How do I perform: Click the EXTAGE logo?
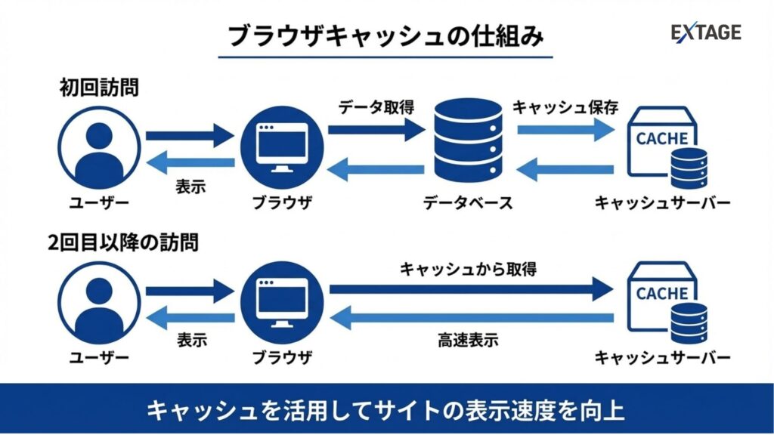pos(706,32)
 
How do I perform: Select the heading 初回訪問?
pos(99,88)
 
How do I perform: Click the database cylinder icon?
pos(469,140)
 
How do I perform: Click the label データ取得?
pos(376,106)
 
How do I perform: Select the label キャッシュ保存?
pos(566,106)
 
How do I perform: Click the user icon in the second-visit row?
pos(99,303)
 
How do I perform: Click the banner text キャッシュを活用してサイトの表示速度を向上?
pos(386,410)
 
